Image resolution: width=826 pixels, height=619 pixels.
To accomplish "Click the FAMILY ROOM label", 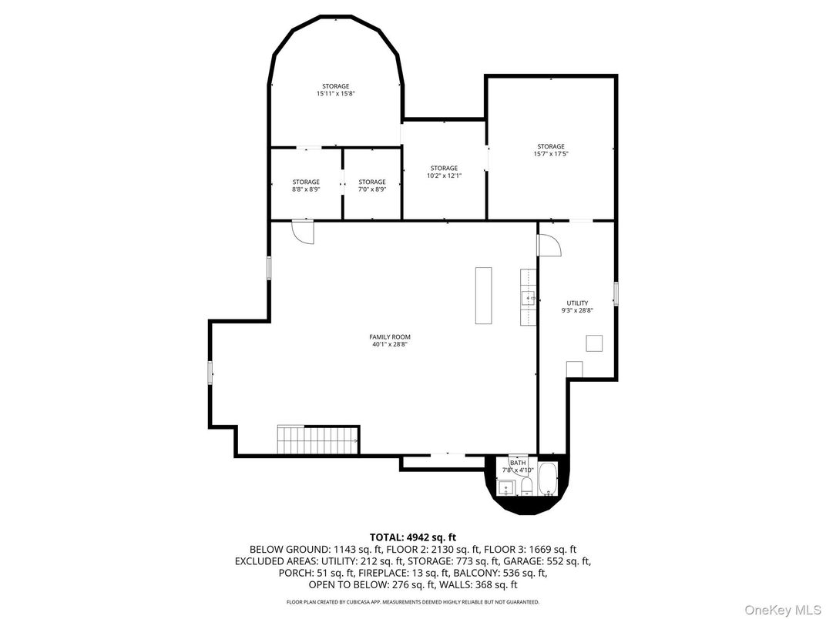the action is pyautogui.click(x=390, y=337).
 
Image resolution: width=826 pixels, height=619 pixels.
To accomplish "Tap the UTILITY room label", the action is pyautogui.click(x=577, y=303).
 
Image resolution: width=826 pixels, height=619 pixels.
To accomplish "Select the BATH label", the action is pyautogui.click(x=518, y=463).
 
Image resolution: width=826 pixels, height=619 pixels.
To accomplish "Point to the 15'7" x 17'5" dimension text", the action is pyautogui.click(x=551, y=154).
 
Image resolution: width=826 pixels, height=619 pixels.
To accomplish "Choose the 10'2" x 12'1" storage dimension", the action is pyautogui.click(x=444, y=176).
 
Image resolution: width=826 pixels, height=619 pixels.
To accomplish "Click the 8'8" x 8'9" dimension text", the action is pyautogui.click(x=306, y=189).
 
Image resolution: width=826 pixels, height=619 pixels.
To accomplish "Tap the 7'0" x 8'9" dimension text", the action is pyautogui.click(x=372, y=189).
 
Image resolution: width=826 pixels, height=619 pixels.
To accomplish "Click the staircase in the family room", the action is pyautogui.click(x=318, y=440).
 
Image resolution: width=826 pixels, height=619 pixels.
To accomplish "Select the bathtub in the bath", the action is pyautogui.click(x=549, y=479).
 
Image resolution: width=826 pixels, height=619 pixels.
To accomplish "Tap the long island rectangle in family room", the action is pyautogui.click(x=484, y=296).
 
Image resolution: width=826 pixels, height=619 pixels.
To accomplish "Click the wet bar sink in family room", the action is pyautogui.click(x=529, y=298).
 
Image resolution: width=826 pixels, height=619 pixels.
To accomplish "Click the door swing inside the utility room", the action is pyautogui.click(x=549, y=246).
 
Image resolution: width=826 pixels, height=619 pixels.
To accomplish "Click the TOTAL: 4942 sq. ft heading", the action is pyautogui.click(x=413, y=537).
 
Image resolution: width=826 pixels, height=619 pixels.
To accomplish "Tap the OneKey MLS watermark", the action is pyautogui.click(x=783, y=610).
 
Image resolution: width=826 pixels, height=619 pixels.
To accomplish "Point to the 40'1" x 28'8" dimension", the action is pyautogui.click(x=390, y=344).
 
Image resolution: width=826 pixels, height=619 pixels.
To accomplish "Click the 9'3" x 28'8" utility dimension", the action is pyautogui.click(x=577, y=310).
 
